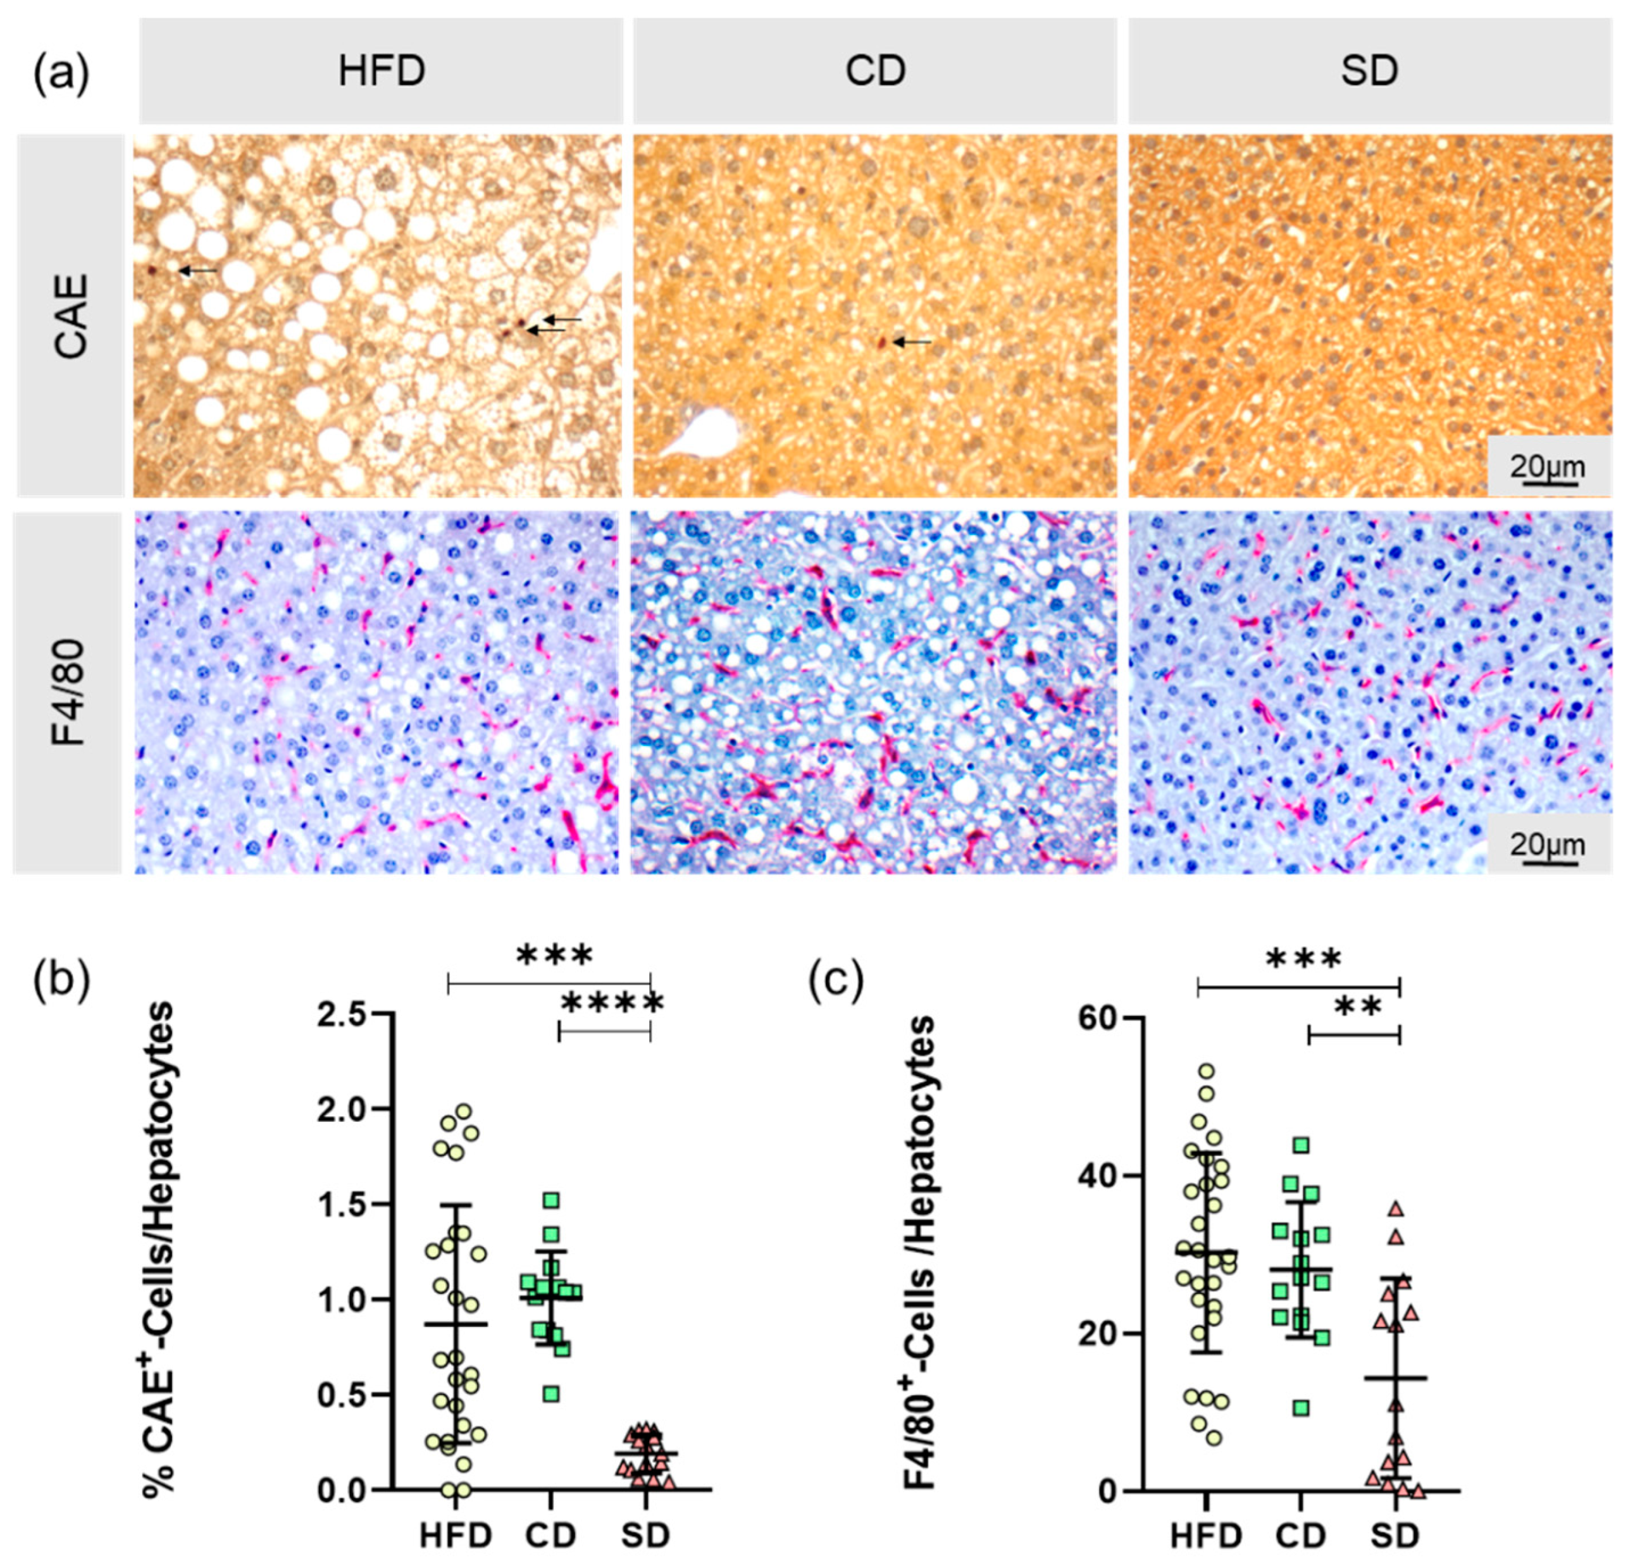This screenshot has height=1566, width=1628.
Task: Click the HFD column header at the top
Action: click(382, 71)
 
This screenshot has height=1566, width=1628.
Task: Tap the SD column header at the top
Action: click(1369, 71)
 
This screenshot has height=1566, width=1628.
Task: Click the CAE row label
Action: click(71, 316)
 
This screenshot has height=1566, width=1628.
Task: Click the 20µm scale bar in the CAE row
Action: click(1546, 469)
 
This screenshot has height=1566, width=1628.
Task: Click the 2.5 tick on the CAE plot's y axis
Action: click(342, 1014)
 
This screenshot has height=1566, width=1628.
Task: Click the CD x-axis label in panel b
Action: click(550, 1535)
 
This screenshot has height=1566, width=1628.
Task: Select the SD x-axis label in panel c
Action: click(1395, 1535)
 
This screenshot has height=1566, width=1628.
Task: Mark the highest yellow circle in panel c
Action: click(1207, 1072)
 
